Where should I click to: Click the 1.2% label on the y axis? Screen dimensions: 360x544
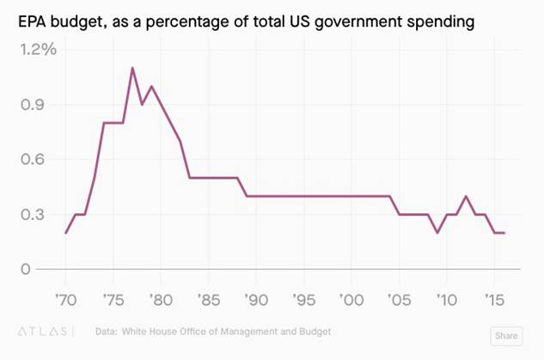point(39,50)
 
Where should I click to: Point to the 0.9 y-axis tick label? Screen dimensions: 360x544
point(42,105)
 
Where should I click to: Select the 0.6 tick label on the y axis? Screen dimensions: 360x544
point(42,160)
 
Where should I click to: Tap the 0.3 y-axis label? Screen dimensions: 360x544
point(42,215)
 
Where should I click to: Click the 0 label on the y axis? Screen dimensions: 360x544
point(26,269)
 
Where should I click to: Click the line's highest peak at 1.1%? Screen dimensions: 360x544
point(132,68)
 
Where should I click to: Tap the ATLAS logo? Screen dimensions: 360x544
point(46,331)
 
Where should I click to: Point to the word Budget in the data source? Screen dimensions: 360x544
point(312,331)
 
